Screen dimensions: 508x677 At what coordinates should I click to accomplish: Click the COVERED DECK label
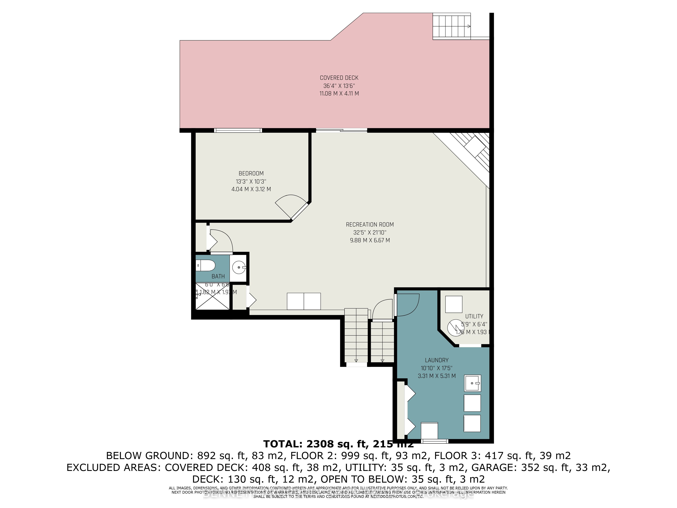[339, 78]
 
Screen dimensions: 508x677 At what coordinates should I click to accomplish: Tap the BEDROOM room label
[251, 173]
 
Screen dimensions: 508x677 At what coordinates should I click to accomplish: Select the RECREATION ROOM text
[370, 224]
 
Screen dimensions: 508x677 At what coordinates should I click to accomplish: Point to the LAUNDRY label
[436, 360]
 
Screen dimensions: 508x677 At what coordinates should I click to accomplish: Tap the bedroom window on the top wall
[238, 130]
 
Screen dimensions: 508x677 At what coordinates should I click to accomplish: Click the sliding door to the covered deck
[341, 130]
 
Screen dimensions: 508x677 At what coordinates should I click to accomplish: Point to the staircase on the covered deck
[451, 26]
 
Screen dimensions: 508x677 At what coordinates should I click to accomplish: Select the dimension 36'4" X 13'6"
[339, 86]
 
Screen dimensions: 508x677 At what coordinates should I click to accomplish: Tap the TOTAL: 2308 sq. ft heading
[338, 444]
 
